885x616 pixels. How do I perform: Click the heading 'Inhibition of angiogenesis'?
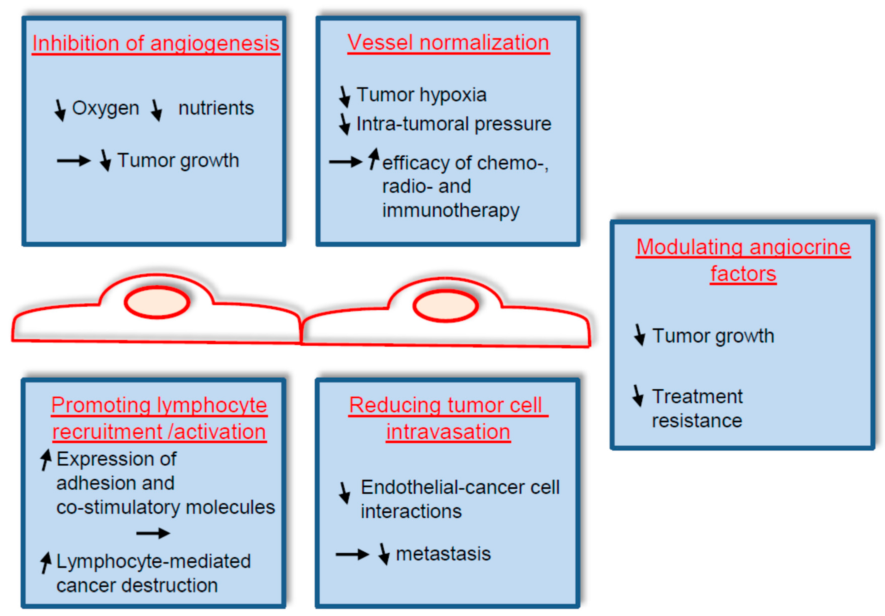(156, 43)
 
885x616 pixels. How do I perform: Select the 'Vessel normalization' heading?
(448, 42)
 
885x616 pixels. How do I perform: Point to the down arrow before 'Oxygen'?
(60, 110)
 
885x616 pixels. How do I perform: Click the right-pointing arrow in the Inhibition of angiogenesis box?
(74, 161)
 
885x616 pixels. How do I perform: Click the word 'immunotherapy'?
(451, 211)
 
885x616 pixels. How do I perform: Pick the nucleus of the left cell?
(157, 302)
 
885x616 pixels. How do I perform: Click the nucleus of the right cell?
(446, 306)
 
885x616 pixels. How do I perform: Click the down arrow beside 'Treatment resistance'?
(638, 395)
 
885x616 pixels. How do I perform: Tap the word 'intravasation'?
(448, 432)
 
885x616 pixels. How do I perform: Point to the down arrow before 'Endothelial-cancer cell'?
(345, 492)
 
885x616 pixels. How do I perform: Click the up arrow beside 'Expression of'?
(46, 460)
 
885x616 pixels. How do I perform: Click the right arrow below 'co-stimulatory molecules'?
(153, 533)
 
